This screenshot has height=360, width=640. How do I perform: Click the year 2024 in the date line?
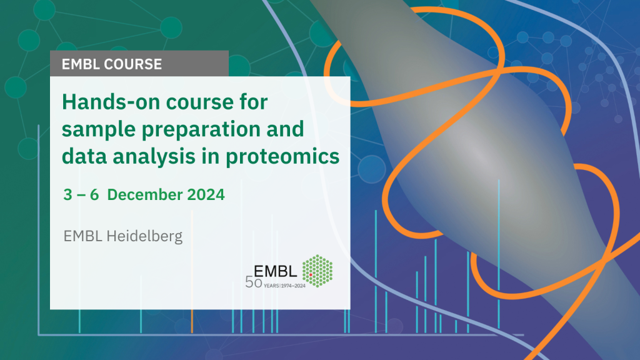click(206, 194)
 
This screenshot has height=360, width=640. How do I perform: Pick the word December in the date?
click(144, 194)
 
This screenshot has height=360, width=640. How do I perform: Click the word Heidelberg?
click(144, 236)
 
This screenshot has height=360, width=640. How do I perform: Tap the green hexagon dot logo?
click(317, 271)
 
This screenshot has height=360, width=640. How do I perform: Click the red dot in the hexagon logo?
click(311, 275)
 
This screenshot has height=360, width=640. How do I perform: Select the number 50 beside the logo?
click(254, 282)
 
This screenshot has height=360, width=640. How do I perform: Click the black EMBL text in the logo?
click(275, 271)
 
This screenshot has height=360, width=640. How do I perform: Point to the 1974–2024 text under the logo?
click(293, 286)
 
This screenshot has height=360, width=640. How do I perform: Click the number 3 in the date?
click(67, 194)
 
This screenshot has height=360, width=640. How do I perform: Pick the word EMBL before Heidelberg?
click(82, 236)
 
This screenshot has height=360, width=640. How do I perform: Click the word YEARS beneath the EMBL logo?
click(271, 286)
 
